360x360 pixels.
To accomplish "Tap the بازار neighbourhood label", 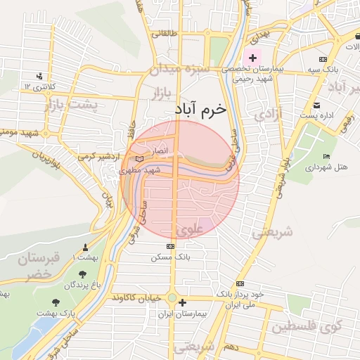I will (163, 91).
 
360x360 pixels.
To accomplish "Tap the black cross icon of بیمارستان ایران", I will (183, 303).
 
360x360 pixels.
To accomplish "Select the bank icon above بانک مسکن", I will (170, 247).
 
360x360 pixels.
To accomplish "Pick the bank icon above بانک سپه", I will (323, 60).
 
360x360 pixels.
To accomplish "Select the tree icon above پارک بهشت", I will (68, 299).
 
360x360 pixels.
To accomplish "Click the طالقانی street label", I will (170, 33).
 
